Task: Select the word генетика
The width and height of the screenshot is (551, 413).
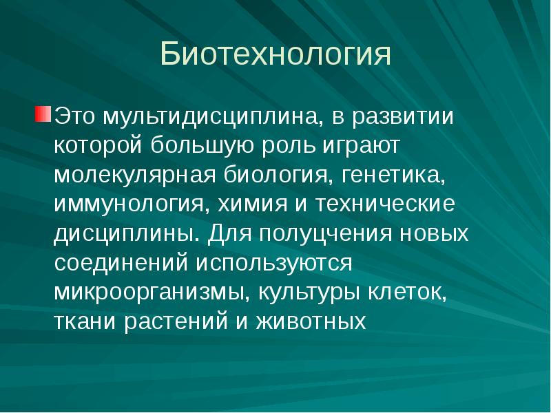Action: tap(392, 175)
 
